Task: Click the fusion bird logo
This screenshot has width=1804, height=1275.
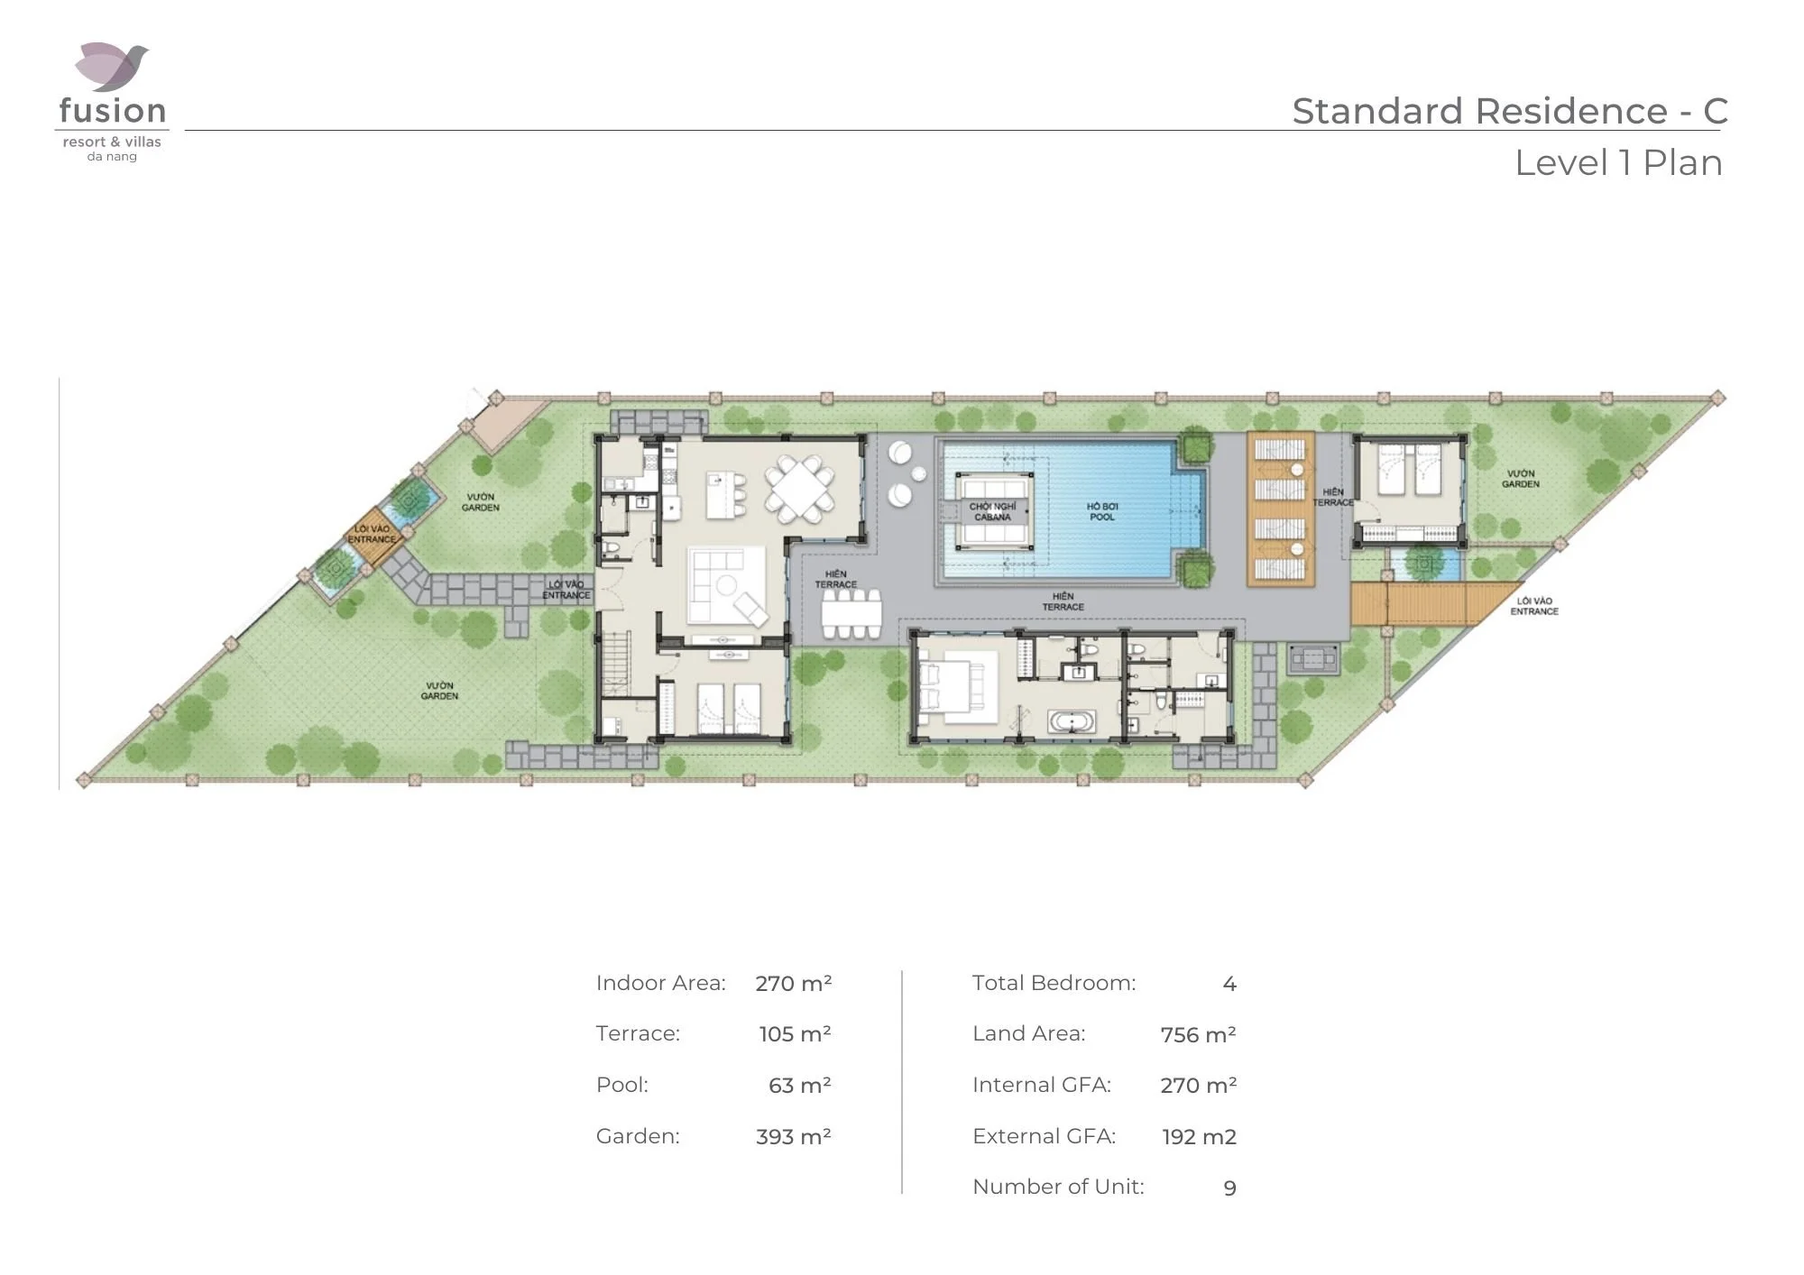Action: click(112, 67)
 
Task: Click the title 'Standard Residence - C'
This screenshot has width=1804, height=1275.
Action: click(1509, 111)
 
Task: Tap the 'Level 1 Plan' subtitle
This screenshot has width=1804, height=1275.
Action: click(1618, 163)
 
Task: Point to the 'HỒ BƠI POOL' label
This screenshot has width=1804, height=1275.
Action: click(1101, 511)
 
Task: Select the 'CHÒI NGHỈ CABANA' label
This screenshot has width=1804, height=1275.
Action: click(992, 511)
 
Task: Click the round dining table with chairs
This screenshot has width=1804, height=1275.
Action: click(799, 490)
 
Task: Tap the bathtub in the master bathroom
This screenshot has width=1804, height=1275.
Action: click(1072, 722)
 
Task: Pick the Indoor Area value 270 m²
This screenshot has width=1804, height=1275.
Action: click(793, 983)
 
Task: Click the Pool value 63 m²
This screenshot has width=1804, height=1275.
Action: click(799, 1085)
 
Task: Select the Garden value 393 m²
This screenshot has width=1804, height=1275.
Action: click(793, 1136)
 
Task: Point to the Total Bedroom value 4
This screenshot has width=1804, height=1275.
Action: click(1229, 984)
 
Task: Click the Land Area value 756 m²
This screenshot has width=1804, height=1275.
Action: click(1198, 1034)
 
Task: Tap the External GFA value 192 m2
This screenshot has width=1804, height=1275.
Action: click(1199, 1137)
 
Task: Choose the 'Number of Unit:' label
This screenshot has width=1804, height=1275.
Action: click(1058, 1187)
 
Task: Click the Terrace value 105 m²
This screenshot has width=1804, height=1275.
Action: click(795, 1034)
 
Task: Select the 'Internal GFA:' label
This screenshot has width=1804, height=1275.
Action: click(1041, 1085)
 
